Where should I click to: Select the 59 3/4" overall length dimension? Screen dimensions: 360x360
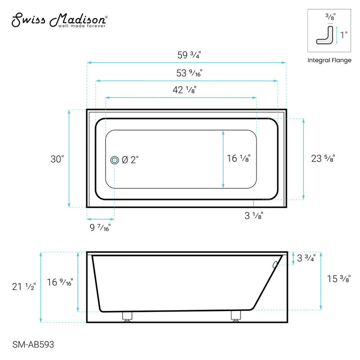point(186,54)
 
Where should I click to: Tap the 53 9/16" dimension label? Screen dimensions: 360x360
point(186,72)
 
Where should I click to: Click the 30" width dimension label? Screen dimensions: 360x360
point(56,159)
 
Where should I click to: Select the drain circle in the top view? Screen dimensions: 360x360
point(114,160)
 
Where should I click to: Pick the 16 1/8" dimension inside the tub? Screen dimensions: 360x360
point(239,158)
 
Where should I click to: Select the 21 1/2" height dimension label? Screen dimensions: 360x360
point(24,286)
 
